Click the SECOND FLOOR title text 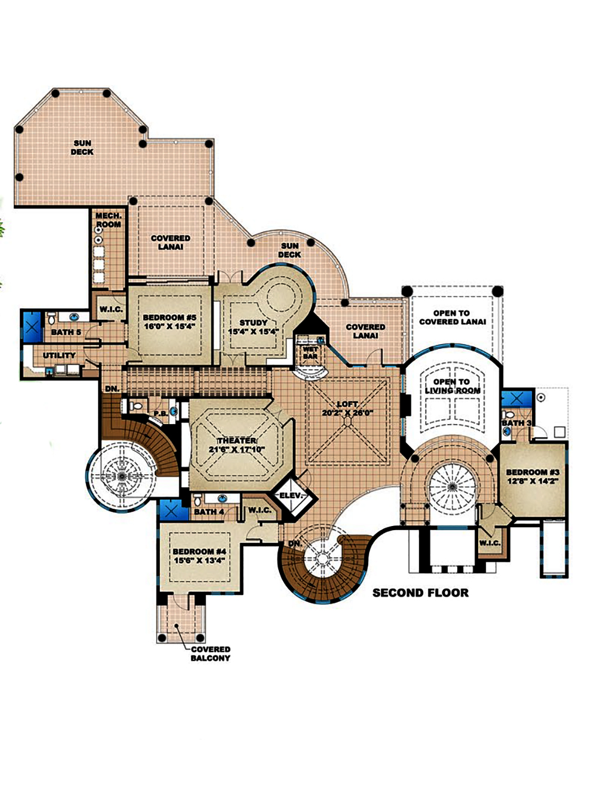coord(420,593)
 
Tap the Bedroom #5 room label coord(170,318)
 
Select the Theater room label coord(236,441)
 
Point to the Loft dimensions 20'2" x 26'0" coord(347,413)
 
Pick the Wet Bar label coord(310,352)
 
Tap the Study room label coord(254,323)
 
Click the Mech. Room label coord(109,219)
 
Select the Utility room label coord(59,355)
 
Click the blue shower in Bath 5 coord(31,326)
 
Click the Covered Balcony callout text coord(210,654)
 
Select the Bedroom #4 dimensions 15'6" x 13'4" coord(199,561)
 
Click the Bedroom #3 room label coord(533,472)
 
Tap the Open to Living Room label coord(452,386)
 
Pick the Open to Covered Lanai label coord(452,317)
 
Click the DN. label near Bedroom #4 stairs coord(295,544)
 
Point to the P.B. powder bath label coord(159,413)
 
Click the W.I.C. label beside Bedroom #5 coord(112,310)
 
